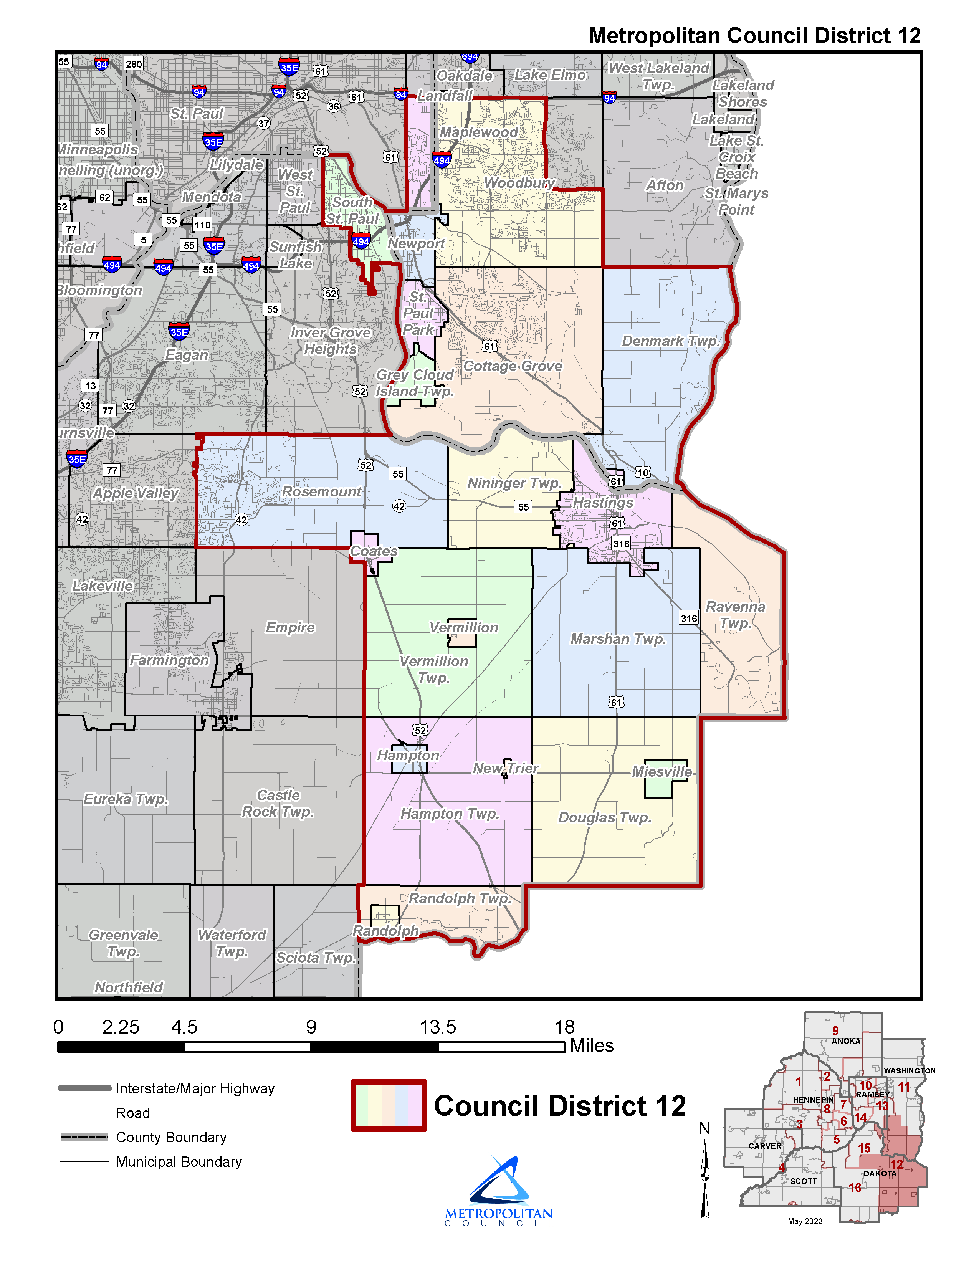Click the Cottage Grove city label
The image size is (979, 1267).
pyautogui.click(x=513, y=366)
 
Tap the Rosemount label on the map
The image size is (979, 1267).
pyautogui.click(x=321, y=491)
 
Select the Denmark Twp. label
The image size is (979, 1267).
pyautogui.click(x=670, y=341)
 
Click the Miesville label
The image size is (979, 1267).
pyautogui.click(x=662, y=772)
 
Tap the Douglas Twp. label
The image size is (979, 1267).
pyautogui.click(x=604, y=817)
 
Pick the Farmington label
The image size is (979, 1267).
pyautogui.click(x=169, y=660)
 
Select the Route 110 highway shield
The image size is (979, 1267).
pyautogui.click(x=202, y=225)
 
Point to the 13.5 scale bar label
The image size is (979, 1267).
pyautogui.click(x=438, y=1027)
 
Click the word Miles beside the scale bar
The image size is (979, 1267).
pyautogui.click(x=592, y=1045)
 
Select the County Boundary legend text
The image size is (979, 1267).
pyautogui.click(x=171, y=1137)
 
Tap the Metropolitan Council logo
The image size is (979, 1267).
pyautogui.click(x=499, y=1189)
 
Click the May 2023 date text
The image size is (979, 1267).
pyautogui.click(x=805, y=1221)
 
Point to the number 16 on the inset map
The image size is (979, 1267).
pyautogui.click(x=855, y=1188)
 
